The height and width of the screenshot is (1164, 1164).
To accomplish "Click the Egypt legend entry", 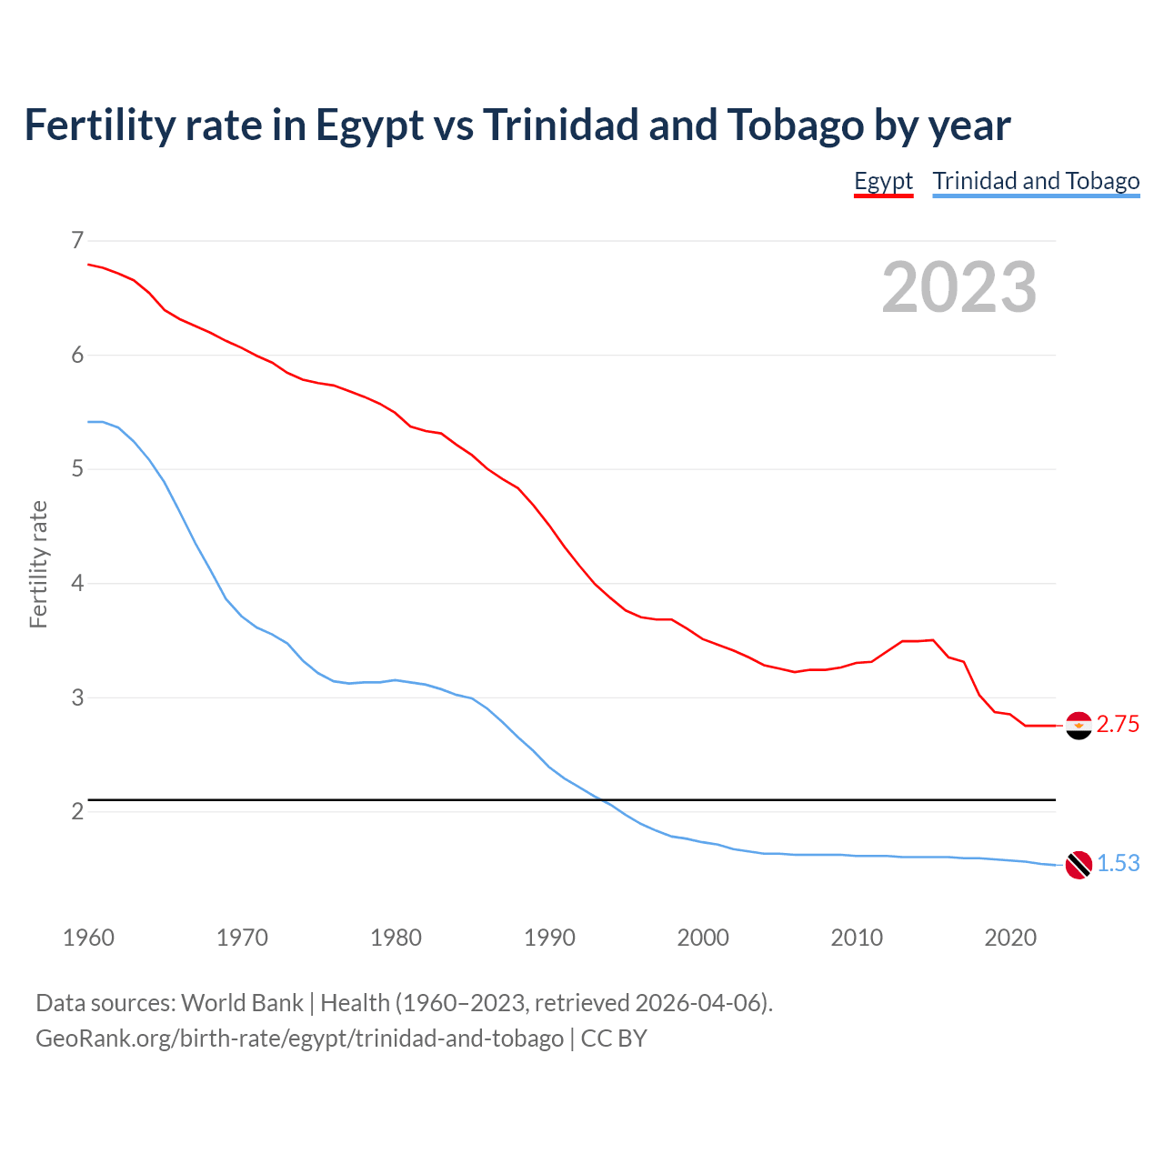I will (883, 181).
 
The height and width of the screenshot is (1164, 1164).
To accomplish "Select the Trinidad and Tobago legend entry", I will (1036, 181).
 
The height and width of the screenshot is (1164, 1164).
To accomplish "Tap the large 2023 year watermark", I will (958, 287).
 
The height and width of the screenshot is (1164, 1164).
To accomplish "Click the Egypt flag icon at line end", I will (1079, 726).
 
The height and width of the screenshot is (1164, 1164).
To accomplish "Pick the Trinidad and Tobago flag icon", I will (1079, 865).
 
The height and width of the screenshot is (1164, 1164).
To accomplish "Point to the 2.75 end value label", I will (1118, 725).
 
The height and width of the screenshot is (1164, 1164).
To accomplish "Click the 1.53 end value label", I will (1118, 864).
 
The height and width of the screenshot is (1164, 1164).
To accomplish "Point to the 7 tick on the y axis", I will (76, 241).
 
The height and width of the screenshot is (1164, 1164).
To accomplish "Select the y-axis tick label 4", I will (76, 583).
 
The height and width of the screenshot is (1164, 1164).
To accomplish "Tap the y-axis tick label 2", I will (76, 811).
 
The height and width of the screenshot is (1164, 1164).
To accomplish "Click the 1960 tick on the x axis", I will (88, 938).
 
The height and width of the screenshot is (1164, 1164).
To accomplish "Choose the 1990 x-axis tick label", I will (549, 938).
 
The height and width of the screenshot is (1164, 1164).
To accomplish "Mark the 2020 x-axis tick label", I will (1010, 938).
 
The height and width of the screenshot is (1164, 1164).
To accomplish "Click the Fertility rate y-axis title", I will (38, 564).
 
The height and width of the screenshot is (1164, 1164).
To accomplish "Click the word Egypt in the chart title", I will (369, 125).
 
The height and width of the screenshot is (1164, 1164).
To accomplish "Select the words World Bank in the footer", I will (242, 1003).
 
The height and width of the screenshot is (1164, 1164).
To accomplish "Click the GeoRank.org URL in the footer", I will (299, 1039).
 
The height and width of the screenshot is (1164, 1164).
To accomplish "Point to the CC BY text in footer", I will (614, 1039).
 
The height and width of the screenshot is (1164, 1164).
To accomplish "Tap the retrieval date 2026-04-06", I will (697, 1003).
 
